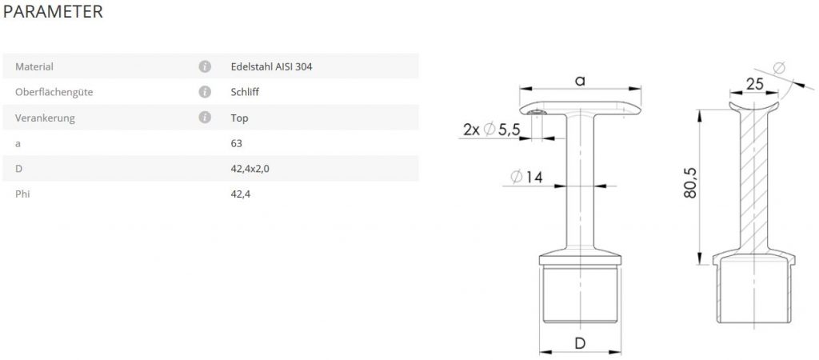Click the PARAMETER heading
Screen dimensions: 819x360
tap(53, 11)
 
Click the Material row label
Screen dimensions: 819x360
tap(34, 67)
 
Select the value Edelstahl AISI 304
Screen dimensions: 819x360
tap(272, 67)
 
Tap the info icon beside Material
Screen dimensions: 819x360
tap(205, 66)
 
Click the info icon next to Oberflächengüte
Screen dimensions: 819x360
tap(205, 92)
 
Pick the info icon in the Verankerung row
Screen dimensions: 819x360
tap(205, 118)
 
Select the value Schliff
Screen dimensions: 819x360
tap(245, 93)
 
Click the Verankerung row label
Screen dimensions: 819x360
tap(45, 118)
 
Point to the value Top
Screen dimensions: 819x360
tap(239, 118)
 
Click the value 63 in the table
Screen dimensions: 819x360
tap(237, 143)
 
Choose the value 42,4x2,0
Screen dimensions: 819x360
tap(250, 169)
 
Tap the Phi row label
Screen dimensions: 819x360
tap(22, 194)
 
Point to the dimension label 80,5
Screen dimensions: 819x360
tap(689, 183)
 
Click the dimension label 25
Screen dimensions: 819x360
tap(755, 84)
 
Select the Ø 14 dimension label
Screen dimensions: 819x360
tap(526, 177)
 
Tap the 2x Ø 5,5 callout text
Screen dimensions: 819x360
tap(492, 129)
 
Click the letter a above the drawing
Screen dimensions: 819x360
tap(580, 81)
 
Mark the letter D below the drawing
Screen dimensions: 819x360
tap(580, 343)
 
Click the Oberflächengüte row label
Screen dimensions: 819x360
tap(54, 93)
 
